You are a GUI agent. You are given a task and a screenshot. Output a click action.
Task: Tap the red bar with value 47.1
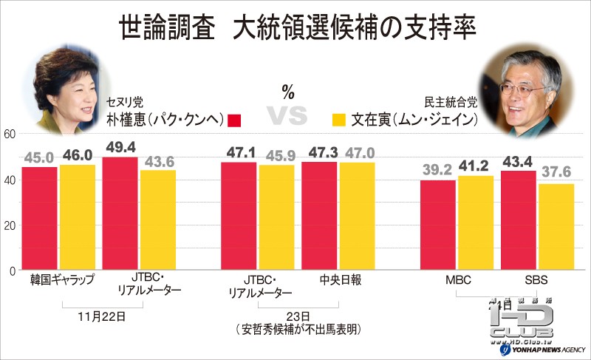coord(239,216)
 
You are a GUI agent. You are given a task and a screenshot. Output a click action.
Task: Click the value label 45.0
coord(39,156)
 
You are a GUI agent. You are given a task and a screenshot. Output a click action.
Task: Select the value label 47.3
coord(320,152)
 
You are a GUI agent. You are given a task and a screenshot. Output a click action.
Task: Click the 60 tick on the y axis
coord(9,134)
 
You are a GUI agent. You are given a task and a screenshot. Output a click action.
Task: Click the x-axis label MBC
coord(458,281)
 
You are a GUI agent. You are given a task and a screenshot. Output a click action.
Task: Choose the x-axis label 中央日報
coord(319,281)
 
